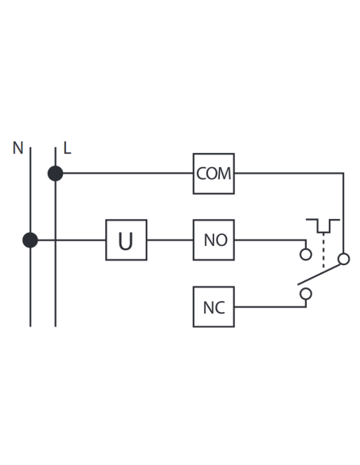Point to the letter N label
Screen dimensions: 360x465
coord(18,147)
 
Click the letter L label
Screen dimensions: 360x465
coord(68,147)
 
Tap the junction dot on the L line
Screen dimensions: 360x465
coord(56,174)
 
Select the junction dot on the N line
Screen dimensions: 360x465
coord(30,240)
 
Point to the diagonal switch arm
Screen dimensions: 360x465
coord(319,274)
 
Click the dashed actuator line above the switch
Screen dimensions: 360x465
coord(323,251)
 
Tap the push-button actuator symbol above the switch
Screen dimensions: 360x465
coord(323,225)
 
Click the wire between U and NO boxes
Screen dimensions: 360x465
coord(170,240)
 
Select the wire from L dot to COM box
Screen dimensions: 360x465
coord(128,173)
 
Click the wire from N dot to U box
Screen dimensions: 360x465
coord(72,240)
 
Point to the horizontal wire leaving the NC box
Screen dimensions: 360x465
coord(270,307)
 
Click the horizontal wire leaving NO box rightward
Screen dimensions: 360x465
coord(270,240)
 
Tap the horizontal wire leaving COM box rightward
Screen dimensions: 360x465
coord(289,173)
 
